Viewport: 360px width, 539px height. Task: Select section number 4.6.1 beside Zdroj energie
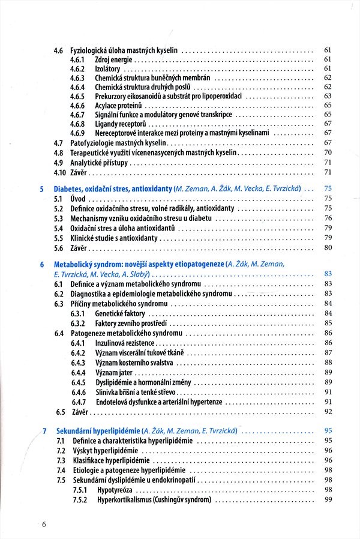coord(77,59)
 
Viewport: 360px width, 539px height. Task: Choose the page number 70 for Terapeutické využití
coord(328,153)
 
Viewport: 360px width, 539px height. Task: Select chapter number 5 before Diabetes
coord(41,189)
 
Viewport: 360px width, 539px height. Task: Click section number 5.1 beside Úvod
coord(59,199)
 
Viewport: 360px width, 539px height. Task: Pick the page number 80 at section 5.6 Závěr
coord(328,247)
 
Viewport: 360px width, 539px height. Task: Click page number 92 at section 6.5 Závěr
coord(328,412)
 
